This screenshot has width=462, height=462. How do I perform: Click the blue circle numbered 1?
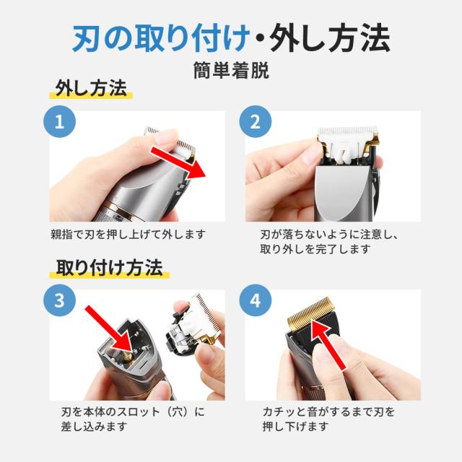coord(59,121)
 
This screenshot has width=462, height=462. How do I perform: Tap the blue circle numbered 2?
coord(255,121)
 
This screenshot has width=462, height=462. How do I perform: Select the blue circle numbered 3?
coord(59,300)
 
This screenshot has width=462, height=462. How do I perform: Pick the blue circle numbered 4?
coord(255,300)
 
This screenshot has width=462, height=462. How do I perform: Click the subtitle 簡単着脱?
coord(231,71)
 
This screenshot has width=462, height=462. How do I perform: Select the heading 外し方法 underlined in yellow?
coord(91,88)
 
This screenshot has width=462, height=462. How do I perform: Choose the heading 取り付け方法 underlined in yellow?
coord(109,268)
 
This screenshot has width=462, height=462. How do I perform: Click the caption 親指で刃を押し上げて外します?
coord(128,235)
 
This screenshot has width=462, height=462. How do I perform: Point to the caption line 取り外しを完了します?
coord(315,249)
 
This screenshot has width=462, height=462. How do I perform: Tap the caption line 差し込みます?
coord(95,427)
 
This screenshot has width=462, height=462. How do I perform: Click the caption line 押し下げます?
coord(295,427)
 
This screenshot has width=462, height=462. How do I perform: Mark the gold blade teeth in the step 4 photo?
coord(311,311)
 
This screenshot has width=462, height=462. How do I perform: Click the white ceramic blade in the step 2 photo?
coord(348,136)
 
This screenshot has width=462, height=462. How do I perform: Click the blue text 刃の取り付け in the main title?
coord(160,38)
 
